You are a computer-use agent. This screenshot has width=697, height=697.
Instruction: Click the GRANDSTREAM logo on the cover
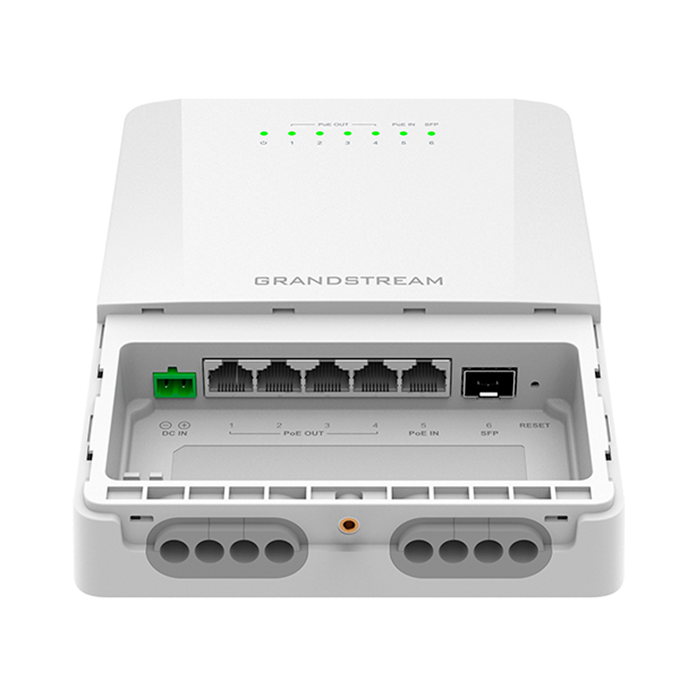(x=348, y=281)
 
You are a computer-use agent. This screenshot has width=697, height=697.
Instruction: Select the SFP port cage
(x=489, y=382)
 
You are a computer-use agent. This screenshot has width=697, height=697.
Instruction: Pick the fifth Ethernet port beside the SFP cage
(x=425, y=377)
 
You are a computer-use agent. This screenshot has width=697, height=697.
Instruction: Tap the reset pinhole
(x=535, y=383)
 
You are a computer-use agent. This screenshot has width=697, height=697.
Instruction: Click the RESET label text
(x=534, y=425)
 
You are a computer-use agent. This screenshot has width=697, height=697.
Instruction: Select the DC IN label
(x=175, y=433)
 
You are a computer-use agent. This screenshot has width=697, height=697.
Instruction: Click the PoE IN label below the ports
(x=423, y=433)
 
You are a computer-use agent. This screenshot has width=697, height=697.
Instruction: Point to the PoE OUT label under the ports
(x=303, y=433)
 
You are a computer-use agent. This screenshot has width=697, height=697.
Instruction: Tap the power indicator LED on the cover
(x=264, y=133)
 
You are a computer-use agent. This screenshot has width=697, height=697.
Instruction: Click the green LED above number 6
(x=431, y=133)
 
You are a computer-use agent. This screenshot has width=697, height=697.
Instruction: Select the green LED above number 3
(x=348, y=133)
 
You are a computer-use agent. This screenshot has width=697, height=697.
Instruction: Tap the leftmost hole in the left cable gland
(x=174, y=551)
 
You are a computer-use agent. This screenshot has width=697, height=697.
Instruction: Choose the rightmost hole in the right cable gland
(x=523, y=551)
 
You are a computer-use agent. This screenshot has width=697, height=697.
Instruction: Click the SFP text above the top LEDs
(x=431, y=125)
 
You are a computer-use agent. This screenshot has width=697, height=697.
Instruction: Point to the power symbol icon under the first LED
(x=264, y=143)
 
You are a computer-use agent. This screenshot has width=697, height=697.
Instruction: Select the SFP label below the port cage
(x=489, y=433)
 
